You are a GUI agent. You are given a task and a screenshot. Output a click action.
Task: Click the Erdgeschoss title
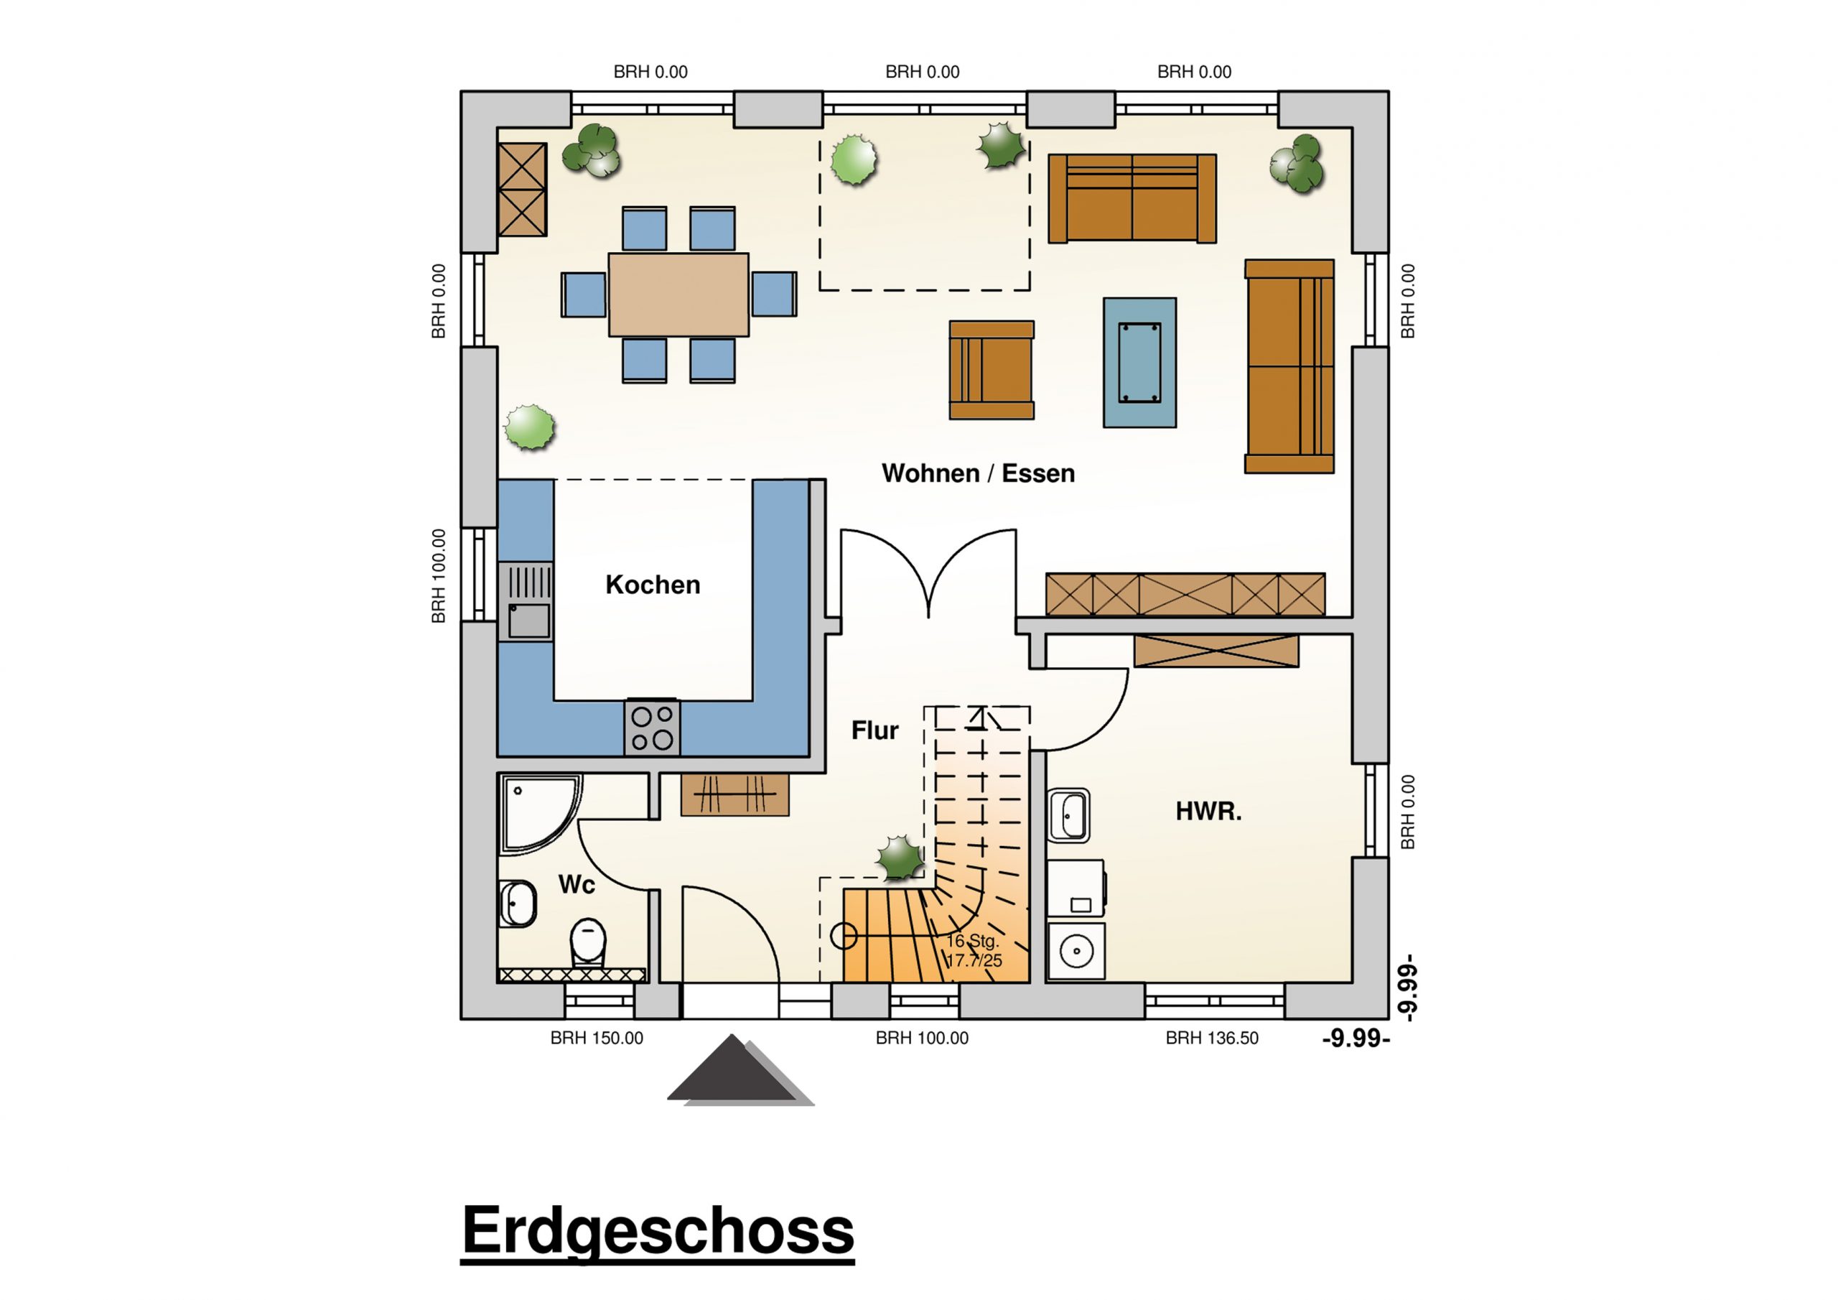[658, 1231]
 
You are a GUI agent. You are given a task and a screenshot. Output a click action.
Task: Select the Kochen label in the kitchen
[653, 585]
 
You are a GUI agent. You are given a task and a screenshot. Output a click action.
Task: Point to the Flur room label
[874, 730]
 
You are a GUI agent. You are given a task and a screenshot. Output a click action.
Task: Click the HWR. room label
[1208, 812]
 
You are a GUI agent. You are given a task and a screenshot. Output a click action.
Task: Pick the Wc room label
[577, 884]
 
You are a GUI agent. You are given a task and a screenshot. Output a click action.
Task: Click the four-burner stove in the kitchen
[653, 728]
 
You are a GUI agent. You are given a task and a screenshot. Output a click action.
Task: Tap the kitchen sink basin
[529, 621]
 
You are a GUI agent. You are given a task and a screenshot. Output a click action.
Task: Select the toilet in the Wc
[589, 941]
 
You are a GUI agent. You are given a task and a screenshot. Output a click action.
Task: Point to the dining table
[678, 294]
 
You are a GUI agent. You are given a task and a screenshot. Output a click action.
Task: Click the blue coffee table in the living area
[1139, 362]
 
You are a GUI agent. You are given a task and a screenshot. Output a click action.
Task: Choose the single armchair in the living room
[991, 370]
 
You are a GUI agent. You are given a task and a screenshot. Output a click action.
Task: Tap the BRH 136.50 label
[1211, 1038]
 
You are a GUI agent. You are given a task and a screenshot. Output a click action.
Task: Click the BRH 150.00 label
[597, 1038]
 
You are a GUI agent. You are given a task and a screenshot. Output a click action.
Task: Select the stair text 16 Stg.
[972, 941]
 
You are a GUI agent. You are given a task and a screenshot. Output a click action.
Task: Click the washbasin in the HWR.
[1069, 816]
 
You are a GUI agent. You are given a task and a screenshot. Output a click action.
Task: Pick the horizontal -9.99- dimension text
[1356, 1039]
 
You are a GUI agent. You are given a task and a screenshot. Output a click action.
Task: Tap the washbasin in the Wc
[517, 904]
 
